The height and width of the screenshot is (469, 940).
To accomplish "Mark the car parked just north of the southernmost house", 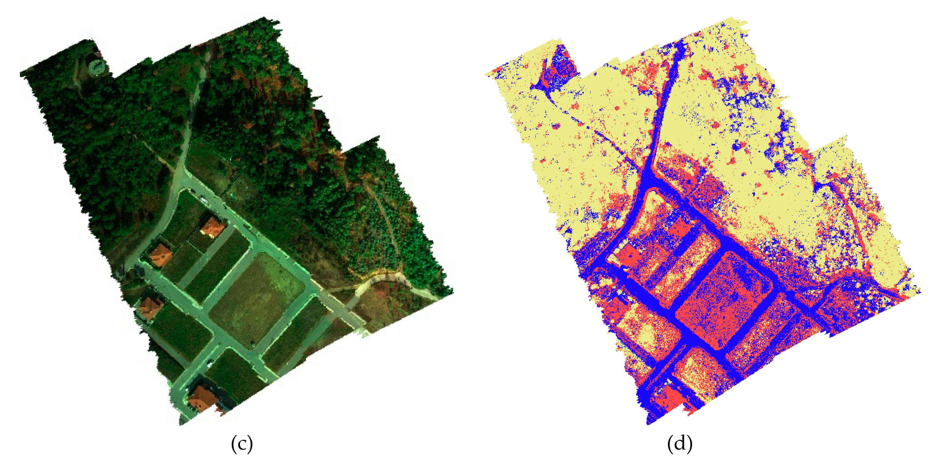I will coord(210,363).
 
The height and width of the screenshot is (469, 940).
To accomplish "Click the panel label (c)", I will coord(242,444).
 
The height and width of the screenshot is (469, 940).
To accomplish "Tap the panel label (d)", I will coord(679,444).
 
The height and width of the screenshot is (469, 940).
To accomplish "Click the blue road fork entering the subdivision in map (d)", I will coord(648,179).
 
